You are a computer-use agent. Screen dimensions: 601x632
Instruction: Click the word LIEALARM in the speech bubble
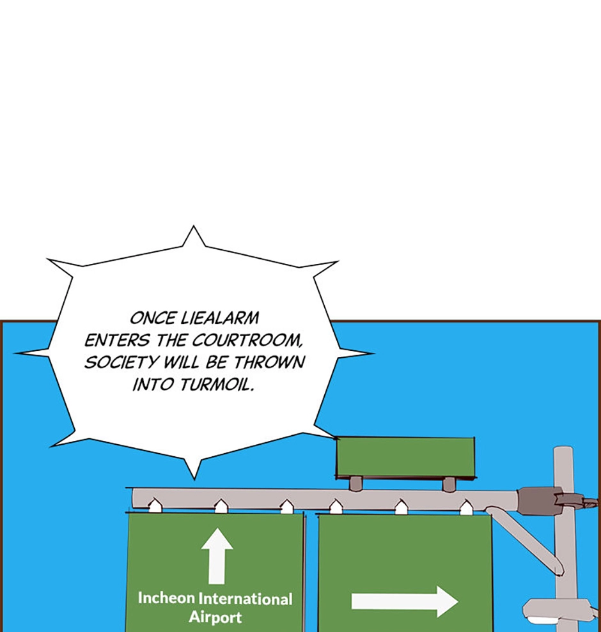coord(219,318)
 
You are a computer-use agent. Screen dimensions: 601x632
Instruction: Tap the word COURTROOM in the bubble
coord(246,341)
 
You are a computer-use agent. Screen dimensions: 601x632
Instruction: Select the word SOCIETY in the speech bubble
coord(121,362)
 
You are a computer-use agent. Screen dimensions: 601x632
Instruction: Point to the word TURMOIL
coord(217,385)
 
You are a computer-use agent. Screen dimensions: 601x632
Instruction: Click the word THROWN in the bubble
coord(269,362)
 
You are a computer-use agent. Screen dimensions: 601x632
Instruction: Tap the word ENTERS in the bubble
coord(118,341)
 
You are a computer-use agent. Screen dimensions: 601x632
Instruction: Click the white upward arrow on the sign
coord(217,556)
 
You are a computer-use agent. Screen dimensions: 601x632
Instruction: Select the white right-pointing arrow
coord(405,601)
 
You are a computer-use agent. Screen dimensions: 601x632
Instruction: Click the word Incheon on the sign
coord(166,598)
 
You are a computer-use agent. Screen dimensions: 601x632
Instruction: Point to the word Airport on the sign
coord(215,617)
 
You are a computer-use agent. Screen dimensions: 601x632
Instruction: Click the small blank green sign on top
coord(405,458)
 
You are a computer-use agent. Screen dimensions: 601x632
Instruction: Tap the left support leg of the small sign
coord(355,484)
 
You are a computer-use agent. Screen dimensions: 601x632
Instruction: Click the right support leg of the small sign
coord(449,484)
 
